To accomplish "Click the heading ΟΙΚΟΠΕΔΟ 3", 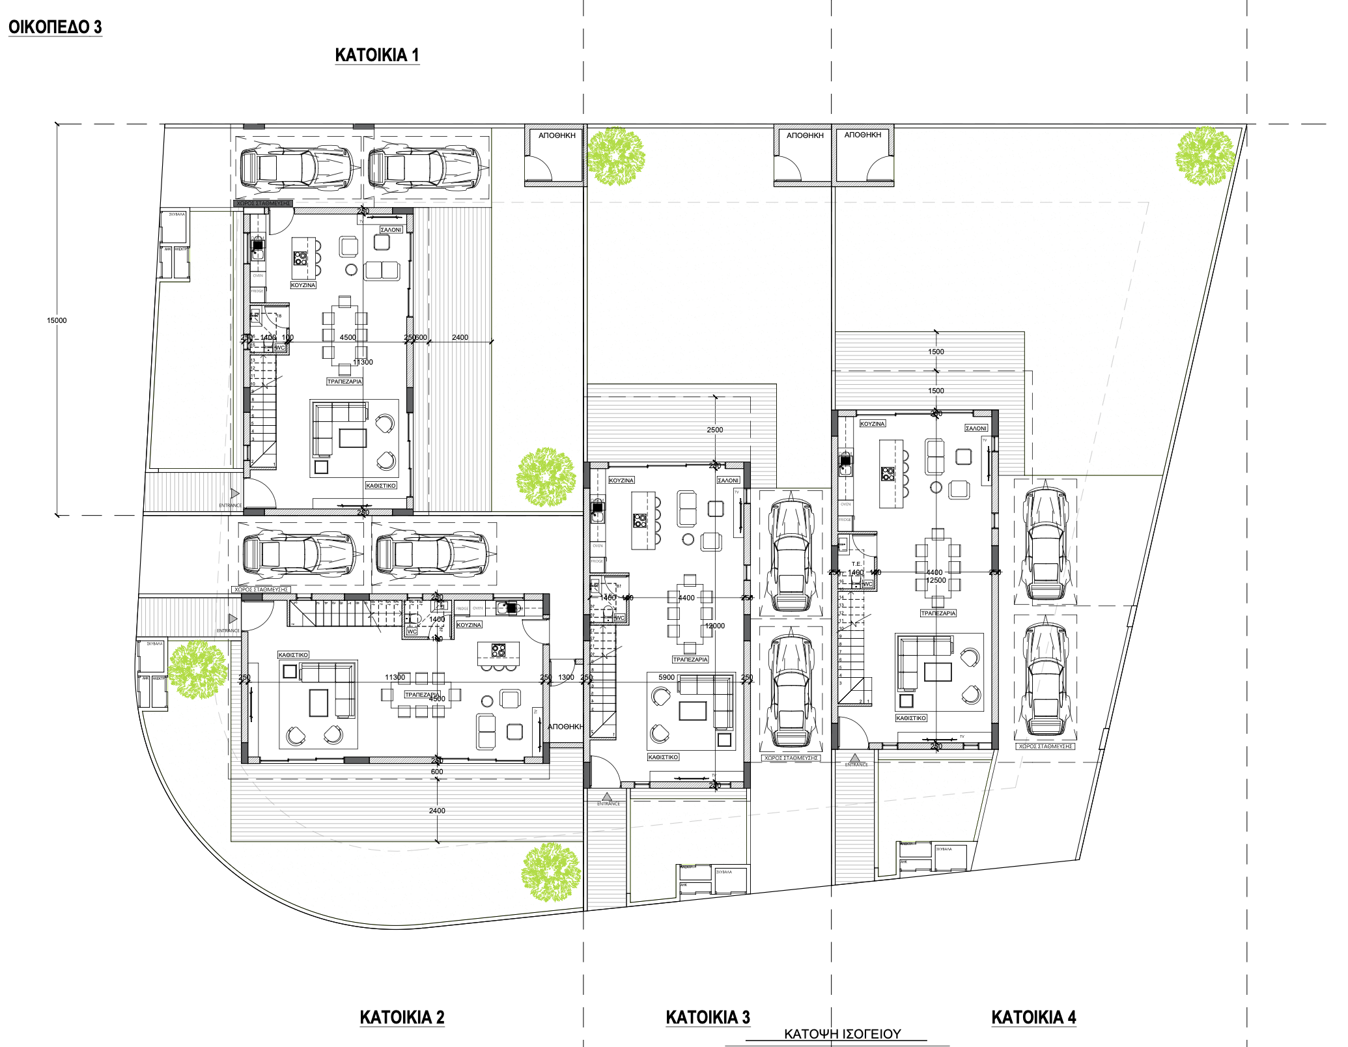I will tap(55, 27).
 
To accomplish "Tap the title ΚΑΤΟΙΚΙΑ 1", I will tap(376, 55).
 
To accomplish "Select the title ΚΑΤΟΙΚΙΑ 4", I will tap(1033, 1017).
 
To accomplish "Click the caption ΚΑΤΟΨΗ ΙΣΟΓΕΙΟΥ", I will tap(842, 1034).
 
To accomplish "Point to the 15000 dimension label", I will tap(57, 320).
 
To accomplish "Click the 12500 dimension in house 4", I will tap(936, 580).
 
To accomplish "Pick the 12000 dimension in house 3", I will tap(714, 626).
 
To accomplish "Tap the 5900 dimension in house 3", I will tap(666, 677).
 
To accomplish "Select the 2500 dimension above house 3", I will tap(714, 430).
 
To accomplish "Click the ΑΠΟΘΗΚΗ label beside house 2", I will tap(565, 727).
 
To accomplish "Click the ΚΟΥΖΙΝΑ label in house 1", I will tap(303, 285).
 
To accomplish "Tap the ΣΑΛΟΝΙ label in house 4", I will tap(976, 428).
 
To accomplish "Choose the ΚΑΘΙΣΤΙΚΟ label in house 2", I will tap(293, 655).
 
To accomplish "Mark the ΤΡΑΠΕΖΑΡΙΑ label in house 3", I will tap(690, 660).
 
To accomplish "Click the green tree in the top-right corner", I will tap(1205, 156).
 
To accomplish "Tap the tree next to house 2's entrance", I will tap(197, 669).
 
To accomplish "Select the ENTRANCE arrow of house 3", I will tap(607, 797).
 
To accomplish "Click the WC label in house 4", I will tap(867, 584).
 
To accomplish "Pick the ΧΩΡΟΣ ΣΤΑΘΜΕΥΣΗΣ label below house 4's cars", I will tap(1045, 746).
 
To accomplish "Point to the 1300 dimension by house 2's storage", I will tap(566, 677).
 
